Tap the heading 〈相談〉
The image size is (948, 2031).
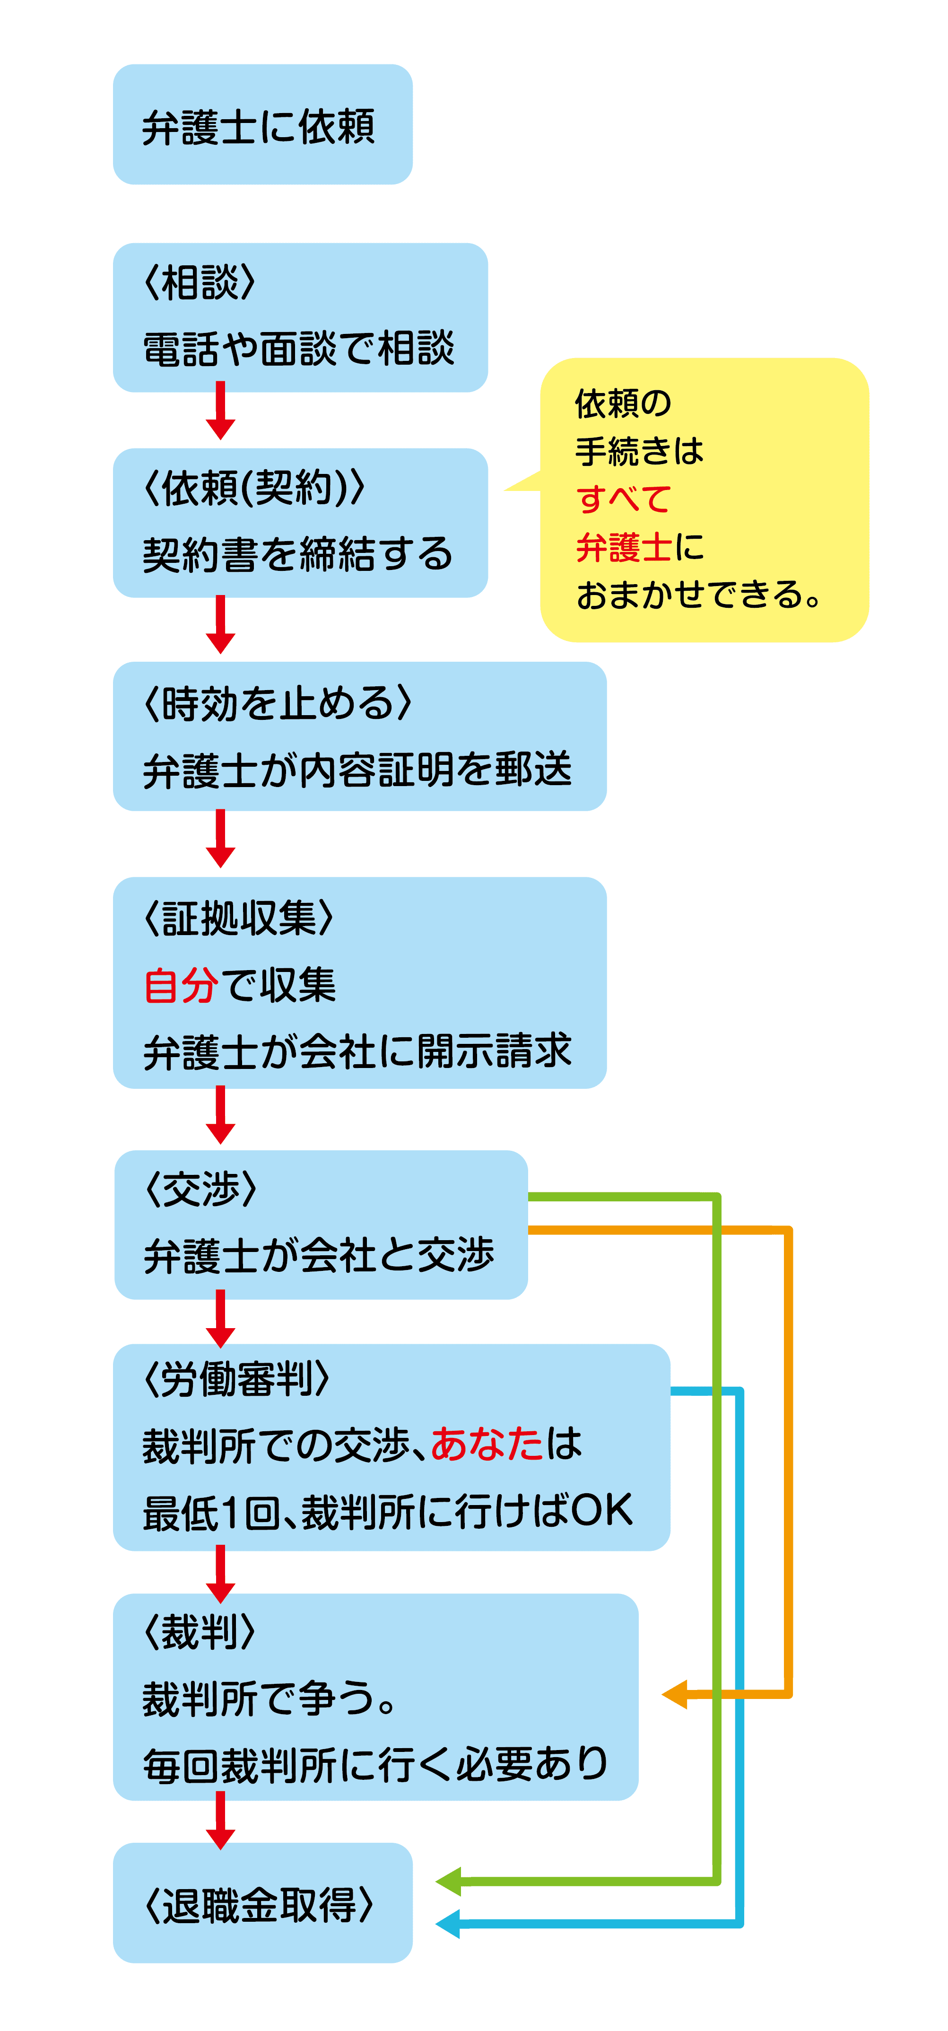point(200,282)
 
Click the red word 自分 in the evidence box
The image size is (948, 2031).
point(181,986)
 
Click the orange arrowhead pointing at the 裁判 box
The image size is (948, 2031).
point(675,1694)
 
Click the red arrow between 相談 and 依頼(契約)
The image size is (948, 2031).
point(221,411)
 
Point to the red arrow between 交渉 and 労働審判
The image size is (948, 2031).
point(221,1319)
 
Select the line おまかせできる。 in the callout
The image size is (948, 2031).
point(698,595)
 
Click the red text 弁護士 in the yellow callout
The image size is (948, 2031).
point(623,547)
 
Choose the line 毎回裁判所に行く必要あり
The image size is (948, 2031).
point(375,1765)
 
